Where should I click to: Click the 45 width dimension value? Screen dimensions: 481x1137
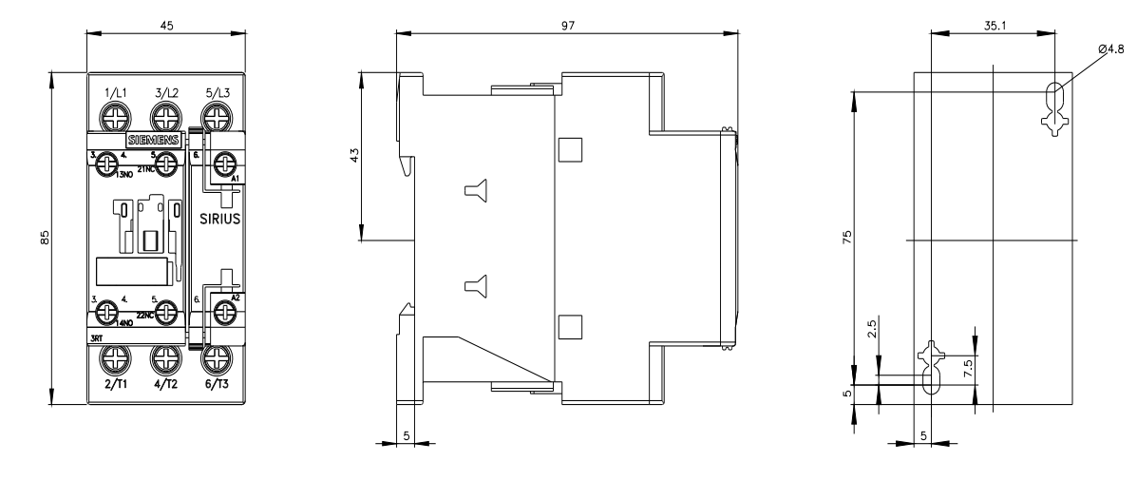pos(166,27)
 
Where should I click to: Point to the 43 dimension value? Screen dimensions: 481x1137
pos(353,155)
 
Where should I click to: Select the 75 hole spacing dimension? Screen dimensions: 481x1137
pos(848,236)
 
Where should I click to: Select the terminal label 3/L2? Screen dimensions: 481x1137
pos(167,92)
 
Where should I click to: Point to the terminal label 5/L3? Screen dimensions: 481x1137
pos(218,92)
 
